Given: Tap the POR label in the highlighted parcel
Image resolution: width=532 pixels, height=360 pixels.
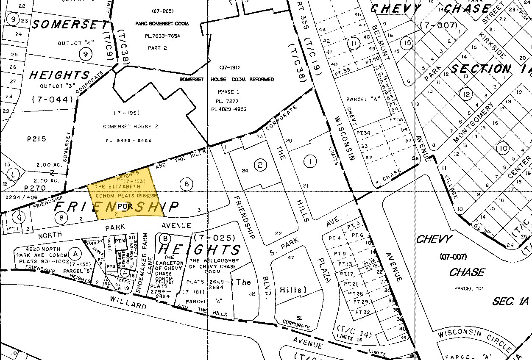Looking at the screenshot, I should click(x=123, y=206).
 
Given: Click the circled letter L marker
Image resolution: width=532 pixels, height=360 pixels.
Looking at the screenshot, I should click(x=14, y=174).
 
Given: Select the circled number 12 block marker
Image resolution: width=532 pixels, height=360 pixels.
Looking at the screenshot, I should click(x=466, y=94).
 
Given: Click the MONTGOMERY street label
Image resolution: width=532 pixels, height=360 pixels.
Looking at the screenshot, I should click(x=474, y=123).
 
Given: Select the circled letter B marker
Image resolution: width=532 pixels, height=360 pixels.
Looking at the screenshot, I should click(x=164, y=238).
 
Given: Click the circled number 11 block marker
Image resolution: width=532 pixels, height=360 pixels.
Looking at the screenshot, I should click(x=354, y=43).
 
